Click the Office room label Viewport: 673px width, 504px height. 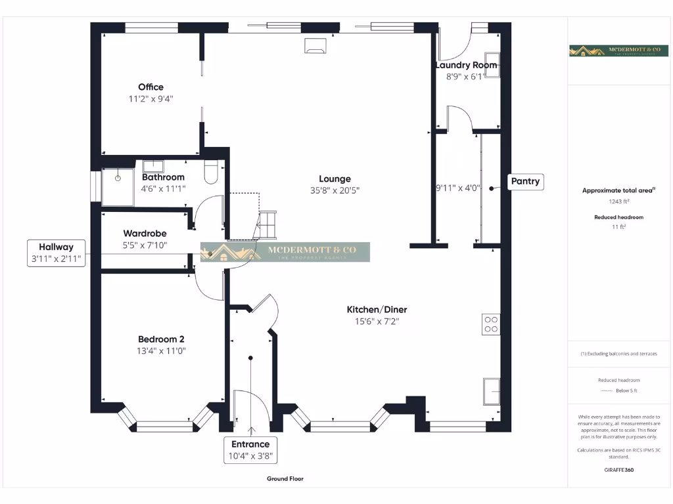(x=151, y=87)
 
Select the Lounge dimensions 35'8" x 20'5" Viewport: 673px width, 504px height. (x=335, y=190)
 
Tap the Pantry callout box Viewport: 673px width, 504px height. (x=526, y=182)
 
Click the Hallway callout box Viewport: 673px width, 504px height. (x=56, y=253)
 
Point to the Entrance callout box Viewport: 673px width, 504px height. (x=250, y=450)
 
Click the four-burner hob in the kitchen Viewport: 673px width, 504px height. (x=491, y=324)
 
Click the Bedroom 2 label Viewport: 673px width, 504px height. (x=161, y=339)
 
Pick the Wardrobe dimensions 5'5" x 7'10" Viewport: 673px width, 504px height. (x=145, y=245)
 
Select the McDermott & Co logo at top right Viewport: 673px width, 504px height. (x=613, y=51)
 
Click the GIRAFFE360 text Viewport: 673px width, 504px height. (x=618, y=470)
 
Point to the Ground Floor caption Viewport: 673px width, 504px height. (x=285, y=479)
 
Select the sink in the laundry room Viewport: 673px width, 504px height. (x=492, y=64)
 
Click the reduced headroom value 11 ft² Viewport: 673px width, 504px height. (x=618, y=226)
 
